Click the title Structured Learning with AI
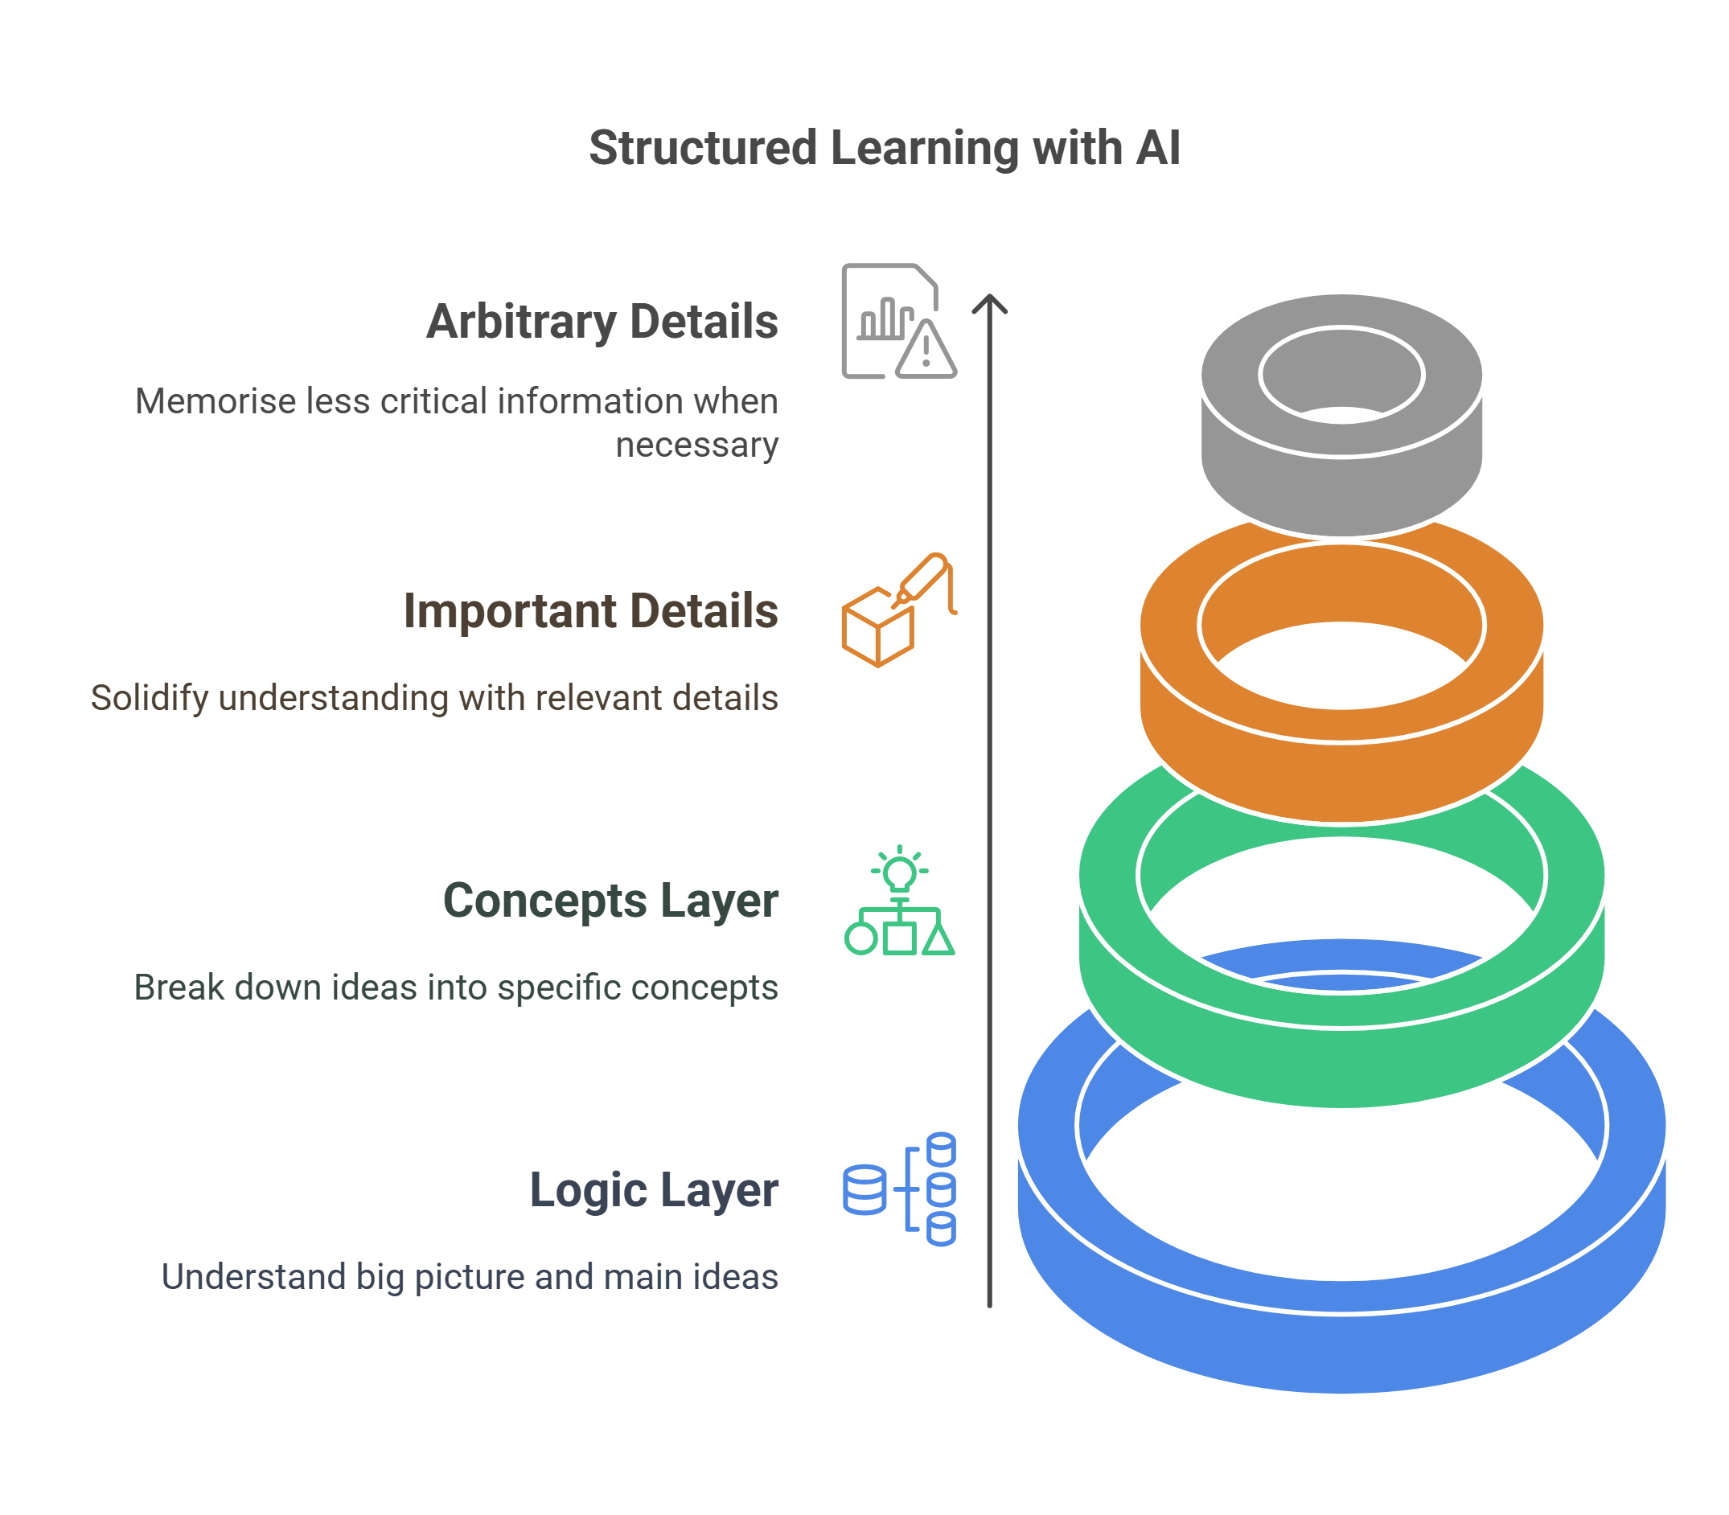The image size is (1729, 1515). point(884,148)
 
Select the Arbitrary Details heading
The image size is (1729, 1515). point(602,322)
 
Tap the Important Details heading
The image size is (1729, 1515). point(590,610)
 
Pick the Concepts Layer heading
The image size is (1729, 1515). point(610,901)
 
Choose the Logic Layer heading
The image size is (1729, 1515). point(653,1189)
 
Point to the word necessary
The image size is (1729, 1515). point(696,445)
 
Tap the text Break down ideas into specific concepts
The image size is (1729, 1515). point(456,987)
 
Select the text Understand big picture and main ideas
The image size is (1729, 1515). point(469,1277)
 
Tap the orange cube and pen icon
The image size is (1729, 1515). point(898,610)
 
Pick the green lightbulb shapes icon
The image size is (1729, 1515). point(899,902)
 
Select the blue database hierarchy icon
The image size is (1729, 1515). point(899,1189)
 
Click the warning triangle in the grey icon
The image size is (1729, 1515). point(926,351)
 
